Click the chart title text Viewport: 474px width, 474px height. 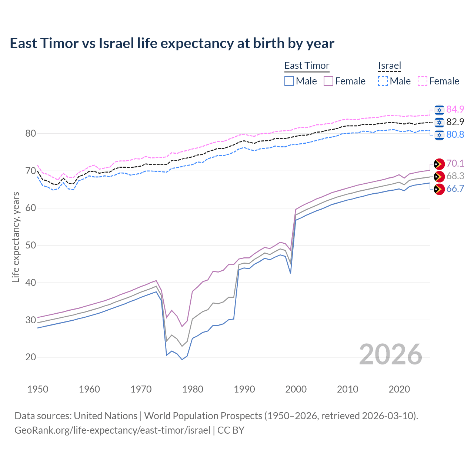click(x=172, y=43)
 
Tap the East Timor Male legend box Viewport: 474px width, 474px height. click(x=289, y=81)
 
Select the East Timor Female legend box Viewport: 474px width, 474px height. click(x=329, y=81)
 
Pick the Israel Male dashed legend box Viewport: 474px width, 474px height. click(x=383, y=81)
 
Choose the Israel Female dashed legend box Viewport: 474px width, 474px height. click(x=423, y=81)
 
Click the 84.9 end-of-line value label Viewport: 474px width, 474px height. click(x=455, y=109)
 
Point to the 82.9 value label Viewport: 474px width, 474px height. click(x=455, y=122)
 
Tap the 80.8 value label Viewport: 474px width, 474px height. click(x=455, y=134)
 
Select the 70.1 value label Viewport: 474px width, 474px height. click(x=455, y=163)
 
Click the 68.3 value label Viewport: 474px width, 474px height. click(x=455, y=176)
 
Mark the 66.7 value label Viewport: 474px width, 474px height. click(x=455, y=188)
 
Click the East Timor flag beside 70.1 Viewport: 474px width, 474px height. click(x=439, y=164)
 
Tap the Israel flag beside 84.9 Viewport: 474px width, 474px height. click(x=439, y=110)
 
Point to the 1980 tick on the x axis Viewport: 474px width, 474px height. click(x=193, y=389)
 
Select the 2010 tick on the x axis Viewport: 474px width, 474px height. click(x=347, y=389)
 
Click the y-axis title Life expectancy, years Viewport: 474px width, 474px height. click(x=16, y=237)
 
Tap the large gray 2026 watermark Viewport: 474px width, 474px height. click(x=390, y=354)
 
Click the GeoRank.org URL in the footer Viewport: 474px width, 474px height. click(x=112, y=430)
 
